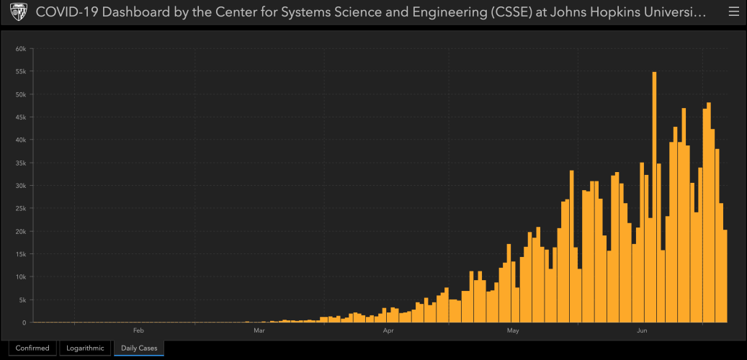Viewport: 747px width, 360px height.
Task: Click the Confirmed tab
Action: tap(32, 348)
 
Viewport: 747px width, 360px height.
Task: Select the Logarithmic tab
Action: tap(86, 348)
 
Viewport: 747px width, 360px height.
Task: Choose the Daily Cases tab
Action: tap(139, 348)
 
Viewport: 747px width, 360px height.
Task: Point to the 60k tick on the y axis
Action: tap(21, 49)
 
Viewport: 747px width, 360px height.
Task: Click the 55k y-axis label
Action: tap(21, 72)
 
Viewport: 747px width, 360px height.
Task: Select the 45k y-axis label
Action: tap(21, 117)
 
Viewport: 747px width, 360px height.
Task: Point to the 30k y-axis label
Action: tap(21, 186)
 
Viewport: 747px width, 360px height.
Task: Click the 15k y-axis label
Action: tap(21, 254)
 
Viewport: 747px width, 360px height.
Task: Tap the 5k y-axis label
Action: tap(22, 300)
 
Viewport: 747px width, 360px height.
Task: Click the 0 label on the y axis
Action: tap(24, 323)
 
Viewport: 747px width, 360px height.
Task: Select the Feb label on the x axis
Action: tap(139, 331)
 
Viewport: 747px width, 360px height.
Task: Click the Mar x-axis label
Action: tap(259, 331)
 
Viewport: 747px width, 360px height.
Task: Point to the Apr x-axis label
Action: tap(388, 331)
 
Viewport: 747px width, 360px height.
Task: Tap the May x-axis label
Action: tap(513, 331)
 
